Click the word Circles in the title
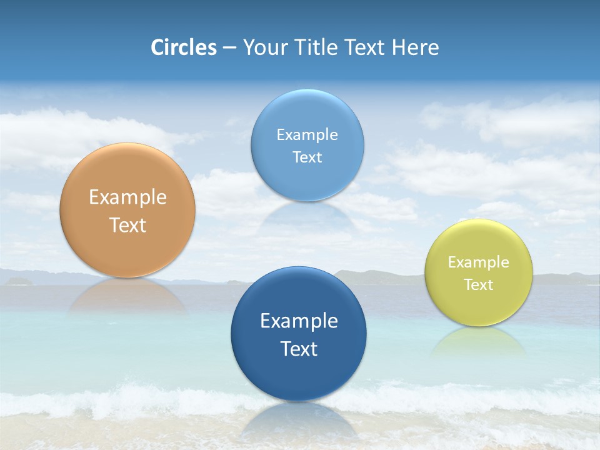[184, 47]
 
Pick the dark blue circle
[299, 375]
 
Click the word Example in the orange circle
[127, 197]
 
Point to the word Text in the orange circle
[127, 225]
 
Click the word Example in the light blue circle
[307, 135]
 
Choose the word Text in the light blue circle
[307, 157]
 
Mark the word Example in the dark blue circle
[299, 321]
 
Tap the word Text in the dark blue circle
[299, 349]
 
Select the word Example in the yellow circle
[479, 262]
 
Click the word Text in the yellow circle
[479, 285]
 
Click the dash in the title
[229, 48]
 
